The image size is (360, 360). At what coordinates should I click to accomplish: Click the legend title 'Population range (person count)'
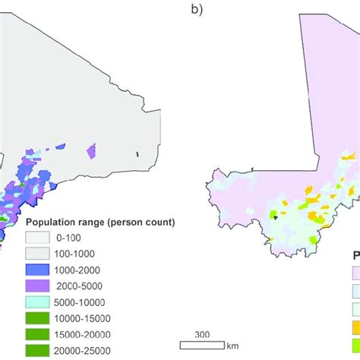pos(101,222)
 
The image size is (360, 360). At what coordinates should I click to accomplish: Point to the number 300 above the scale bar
pos(201,333)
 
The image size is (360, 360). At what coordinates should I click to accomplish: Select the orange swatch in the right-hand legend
pos(355,328)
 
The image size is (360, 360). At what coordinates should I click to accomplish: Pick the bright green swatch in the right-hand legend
pos(355,310)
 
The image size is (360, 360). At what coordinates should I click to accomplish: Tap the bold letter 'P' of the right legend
pos(355,256)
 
